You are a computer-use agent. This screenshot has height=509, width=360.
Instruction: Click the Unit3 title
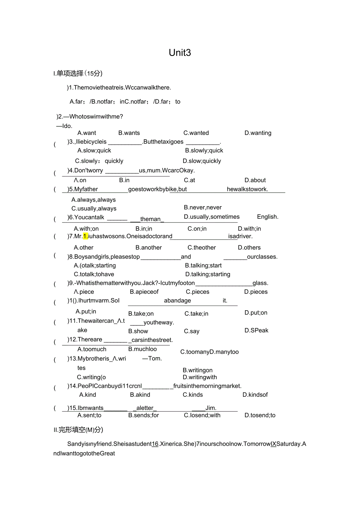[x=180, y=53]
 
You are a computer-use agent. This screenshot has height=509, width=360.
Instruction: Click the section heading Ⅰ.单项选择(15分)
[x=78, y=73]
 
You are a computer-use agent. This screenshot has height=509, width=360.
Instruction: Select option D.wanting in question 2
[x=257, y=133]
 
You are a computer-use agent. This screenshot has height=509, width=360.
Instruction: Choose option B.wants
[x=129, y=133]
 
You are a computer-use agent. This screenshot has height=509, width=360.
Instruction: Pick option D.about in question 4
[x=255, y=180]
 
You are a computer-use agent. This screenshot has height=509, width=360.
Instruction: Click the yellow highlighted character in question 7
[x=86, y=236]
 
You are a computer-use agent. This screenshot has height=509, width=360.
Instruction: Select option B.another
[x=149, y=248]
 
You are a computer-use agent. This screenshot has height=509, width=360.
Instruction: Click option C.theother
[x=202, y=248]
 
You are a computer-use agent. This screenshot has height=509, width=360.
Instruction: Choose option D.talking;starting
[x=208, y=274]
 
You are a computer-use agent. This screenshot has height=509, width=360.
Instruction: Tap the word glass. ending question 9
[x=260, y=283]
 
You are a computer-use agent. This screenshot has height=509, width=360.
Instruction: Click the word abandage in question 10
[x=177, y=301]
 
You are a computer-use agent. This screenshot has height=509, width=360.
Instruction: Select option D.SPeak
[x=256, y=331]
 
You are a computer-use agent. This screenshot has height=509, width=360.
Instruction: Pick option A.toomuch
[x=92, y=349]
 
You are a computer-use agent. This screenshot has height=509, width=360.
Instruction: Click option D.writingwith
[x=200, y=378]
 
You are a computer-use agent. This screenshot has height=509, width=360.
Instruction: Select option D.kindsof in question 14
[x=255, y=395]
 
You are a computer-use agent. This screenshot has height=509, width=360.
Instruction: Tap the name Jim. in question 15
[x=211, y=408]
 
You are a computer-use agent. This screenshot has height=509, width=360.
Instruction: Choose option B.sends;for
[x=144, y=415]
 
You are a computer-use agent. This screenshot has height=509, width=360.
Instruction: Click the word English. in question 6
[x=268, y=217]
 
